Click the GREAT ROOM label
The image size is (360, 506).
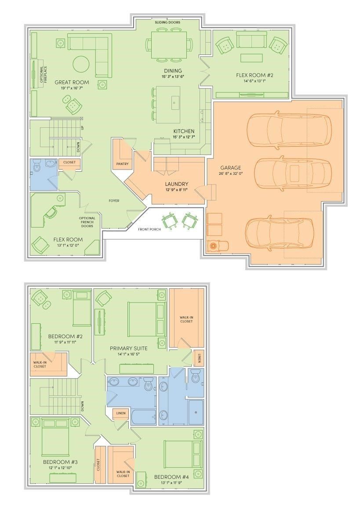(72, 82)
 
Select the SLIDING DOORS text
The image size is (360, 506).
(167, 22)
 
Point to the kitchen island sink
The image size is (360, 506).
(174, 102)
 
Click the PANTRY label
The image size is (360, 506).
(122, 164)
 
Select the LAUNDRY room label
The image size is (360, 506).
(177, 184)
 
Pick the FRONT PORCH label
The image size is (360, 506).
(149, 229)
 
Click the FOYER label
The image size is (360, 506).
(114, 201)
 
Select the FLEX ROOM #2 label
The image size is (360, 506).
(251, 75)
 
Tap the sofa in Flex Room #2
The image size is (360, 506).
(251, 43)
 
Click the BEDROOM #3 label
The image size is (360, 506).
(60, 462)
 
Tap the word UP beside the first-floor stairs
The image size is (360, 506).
(82, 128)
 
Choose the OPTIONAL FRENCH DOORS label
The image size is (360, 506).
(87, 222)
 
